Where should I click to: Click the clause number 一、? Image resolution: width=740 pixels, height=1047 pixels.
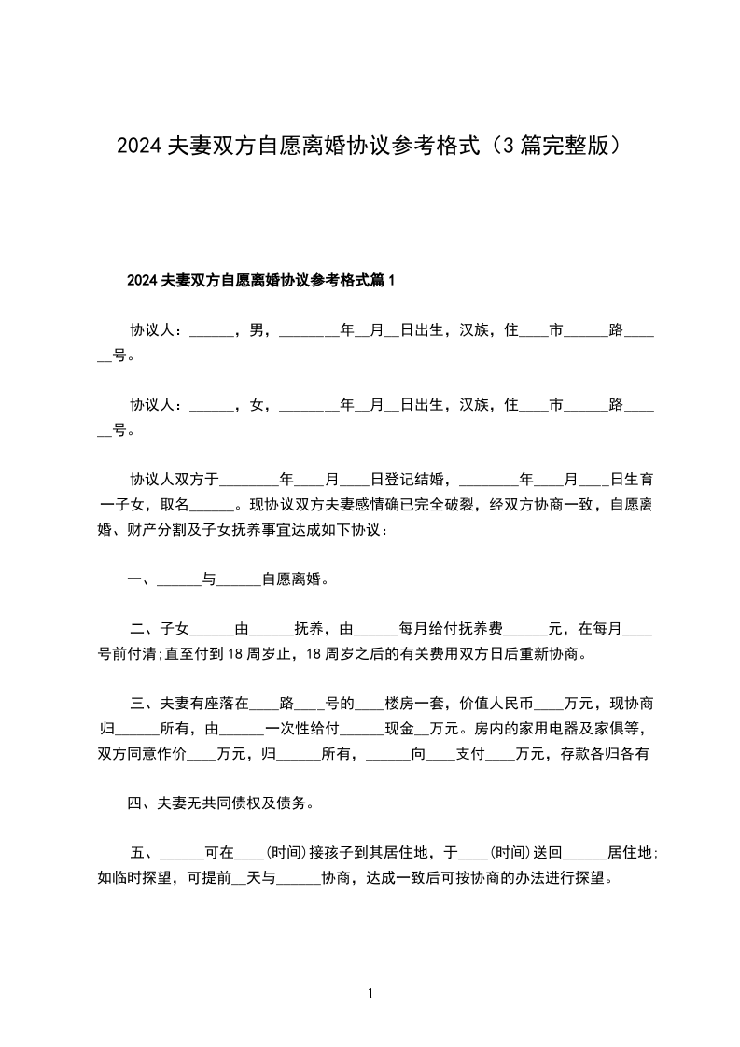141,579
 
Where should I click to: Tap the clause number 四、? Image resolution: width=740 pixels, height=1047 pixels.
141,803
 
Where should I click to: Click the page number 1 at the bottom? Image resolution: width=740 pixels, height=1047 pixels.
370,995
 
